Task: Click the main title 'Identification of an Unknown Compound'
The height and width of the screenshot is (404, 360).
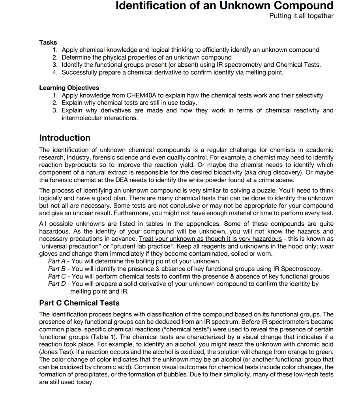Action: click(x=225, y=6)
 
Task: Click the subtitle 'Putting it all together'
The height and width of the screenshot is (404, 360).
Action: click(x=301, y=16)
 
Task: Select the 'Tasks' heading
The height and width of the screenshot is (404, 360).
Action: click(x=48, y=42)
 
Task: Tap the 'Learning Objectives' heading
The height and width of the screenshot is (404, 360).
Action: click(x=69, y=88)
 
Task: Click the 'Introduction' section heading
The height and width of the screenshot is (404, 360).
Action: click(x=65, y=138)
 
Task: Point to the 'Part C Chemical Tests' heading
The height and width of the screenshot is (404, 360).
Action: click(x=79, y=303)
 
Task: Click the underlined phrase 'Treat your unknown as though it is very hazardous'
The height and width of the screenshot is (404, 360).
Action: click(x=210, y=239)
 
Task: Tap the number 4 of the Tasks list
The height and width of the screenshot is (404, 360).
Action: click(x=55, y=73)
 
